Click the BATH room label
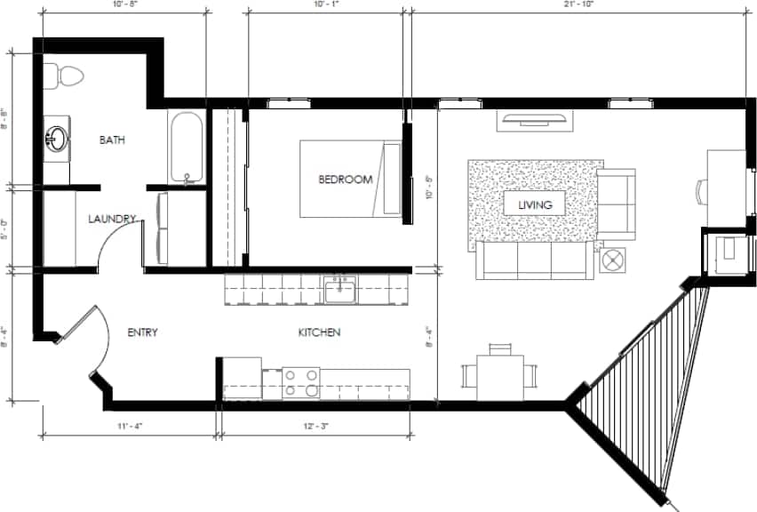coord(112,140)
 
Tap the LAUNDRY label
coord(112,219)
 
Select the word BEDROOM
coord(345,180)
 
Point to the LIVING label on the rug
coord(536,204)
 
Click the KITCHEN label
coord(318,332)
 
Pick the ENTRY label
coord(142,332)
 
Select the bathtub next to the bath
coord(187,147)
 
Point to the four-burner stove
coord(301,383)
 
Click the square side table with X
coord(614,260)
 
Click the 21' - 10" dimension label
coord(578,4)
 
